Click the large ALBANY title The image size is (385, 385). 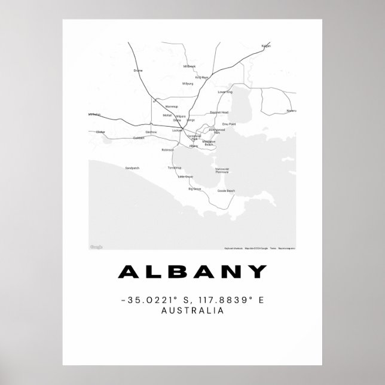[192, 272]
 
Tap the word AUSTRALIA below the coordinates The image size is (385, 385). [192, 310]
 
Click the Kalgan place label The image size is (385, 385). [266, 45]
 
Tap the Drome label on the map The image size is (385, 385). [138, 71]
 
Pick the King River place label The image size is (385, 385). [202, 77]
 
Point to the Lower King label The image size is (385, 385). [225, 92]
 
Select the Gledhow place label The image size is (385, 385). [151, 132]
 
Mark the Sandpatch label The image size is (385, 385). [132, 168]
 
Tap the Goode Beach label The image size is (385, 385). [227, 191]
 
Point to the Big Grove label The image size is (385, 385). [195, 189]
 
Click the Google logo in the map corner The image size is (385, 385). [96, 247]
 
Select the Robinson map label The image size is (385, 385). [168, 149]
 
